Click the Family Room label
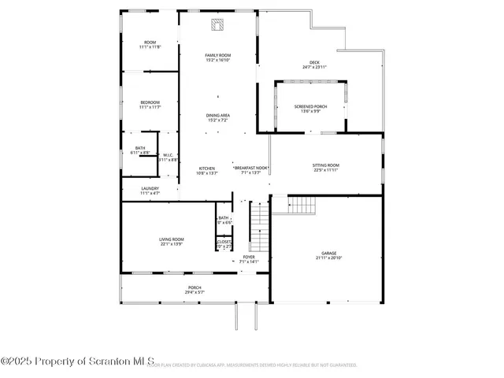click(217, 54)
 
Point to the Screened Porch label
click(310, 106)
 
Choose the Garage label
click(329, 253)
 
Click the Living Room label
click(172, 239)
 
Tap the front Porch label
click(194, 287)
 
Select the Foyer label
click(249, 257)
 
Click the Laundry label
click(150, 188)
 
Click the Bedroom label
click(150, 102)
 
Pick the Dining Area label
click(218, 116)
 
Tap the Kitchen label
click(206, 168)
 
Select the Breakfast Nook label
click(251, 168)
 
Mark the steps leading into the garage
click(301, 206)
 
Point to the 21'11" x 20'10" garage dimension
click(329, 258)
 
